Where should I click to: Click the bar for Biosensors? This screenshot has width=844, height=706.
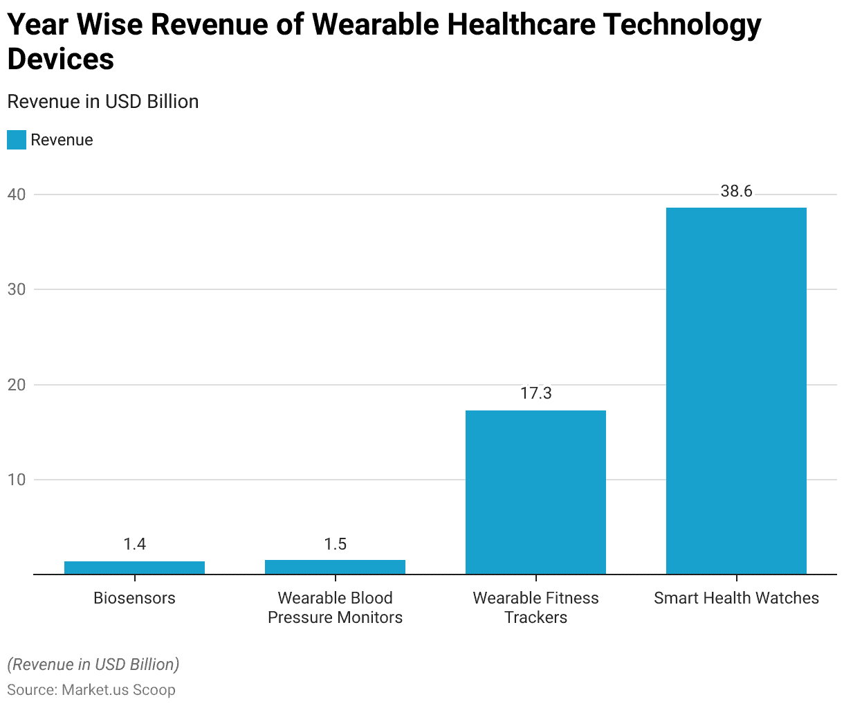134,568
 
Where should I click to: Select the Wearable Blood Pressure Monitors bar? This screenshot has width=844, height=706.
335,567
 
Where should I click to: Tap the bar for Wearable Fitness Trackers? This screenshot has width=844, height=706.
535,492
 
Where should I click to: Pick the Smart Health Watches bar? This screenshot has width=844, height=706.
736,391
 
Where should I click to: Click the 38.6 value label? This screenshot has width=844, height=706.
736,191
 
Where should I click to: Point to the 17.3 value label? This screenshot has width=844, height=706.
535,394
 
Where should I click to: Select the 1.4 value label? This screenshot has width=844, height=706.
134,545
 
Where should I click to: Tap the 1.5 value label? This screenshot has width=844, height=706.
335,545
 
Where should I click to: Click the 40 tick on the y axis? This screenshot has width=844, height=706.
17,194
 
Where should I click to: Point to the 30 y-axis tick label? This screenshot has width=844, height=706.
17,289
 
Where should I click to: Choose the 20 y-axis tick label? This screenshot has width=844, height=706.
17,385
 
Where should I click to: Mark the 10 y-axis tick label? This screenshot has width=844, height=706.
17,480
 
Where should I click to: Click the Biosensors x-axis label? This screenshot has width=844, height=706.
134,598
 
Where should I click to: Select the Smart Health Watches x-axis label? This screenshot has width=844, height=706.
736,598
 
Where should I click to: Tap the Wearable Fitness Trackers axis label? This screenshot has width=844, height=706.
535,608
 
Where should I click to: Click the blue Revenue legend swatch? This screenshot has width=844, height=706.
17,140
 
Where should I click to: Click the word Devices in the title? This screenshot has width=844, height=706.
61,60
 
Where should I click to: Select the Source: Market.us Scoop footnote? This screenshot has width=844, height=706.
91,690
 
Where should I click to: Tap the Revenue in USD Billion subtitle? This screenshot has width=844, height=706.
103,102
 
